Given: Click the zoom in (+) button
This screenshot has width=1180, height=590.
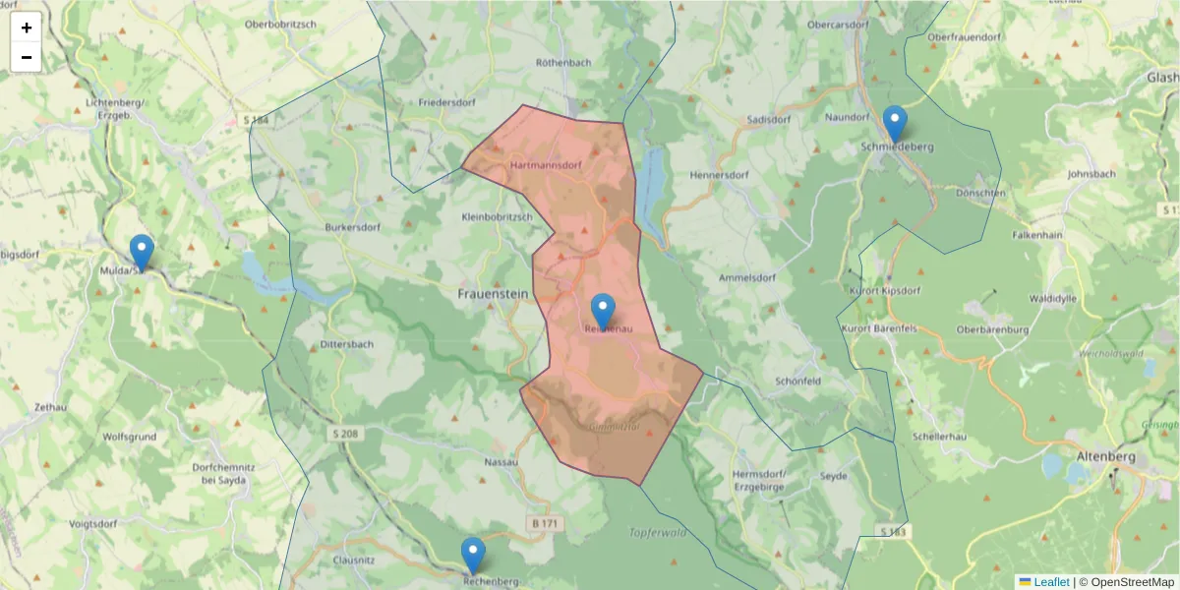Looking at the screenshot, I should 27,28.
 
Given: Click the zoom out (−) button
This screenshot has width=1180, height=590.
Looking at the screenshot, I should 27,57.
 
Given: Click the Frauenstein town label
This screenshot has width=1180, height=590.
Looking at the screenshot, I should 493,293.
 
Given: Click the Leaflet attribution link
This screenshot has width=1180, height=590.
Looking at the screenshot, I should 1050,582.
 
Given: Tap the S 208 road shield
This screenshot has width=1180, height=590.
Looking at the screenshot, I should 340,433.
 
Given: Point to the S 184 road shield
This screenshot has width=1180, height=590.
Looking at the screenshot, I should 255,120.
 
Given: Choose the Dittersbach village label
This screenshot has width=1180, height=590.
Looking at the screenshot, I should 346,345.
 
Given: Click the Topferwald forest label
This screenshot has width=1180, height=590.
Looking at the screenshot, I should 657,532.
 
